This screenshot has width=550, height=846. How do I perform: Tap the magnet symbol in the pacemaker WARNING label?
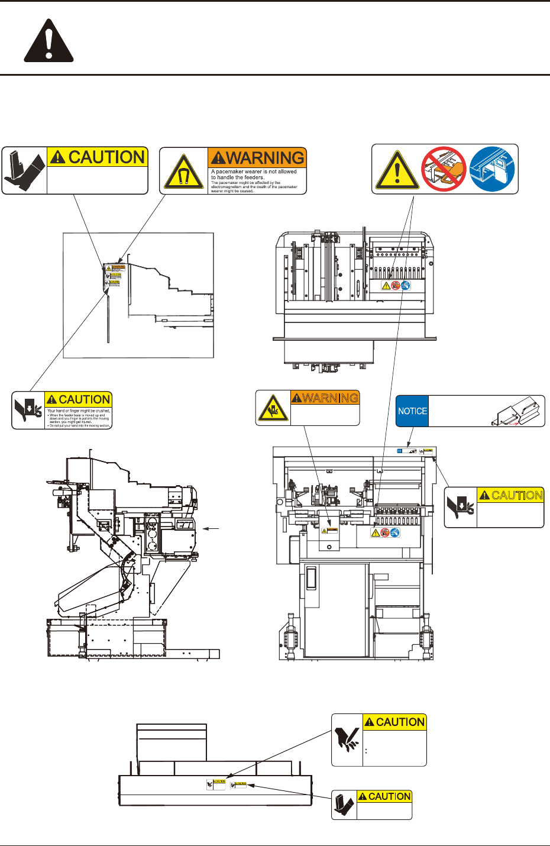(184, 174)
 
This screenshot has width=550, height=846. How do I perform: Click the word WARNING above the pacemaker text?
(258, 158)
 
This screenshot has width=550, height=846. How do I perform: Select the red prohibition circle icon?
(444, 169)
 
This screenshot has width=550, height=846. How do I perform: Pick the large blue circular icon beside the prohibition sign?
(493, 169)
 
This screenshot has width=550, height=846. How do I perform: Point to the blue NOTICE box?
(412, 411)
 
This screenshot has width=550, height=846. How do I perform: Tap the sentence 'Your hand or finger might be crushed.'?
(79, 411)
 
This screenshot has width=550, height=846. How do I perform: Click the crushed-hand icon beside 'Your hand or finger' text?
(28, 410)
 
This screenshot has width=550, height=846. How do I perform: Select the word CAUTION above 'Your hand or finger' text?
(79, 399)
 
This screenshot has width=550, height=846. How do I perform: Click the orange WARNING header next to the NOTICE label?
(325, 398)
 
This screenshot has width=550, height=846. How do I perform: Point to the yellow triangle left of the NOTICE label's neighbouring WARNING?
(273, 408)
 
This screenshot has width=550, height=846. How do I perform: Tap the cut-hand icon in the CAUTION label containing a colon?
(347, 740)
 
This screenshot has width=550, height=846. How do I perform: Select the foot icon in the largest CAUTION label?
(24, 170)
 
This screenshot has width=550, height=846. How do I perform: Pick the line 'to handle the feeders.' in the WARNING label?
(238, 177)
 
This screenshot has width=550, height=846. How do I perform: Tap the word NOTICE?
(412, 411)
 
